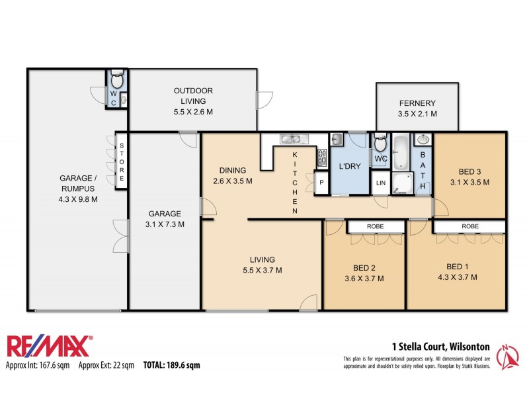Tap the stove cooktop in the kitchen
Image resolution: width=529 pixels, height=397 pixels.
coord(323,157)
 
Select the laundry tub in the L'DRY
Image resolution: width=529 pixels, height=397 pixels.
coord(336,139)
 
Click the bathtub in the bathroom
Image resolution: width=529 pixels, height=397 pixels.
coord(401,153)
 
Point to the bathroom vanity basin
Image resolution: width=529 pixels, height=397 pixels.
coord(423,140)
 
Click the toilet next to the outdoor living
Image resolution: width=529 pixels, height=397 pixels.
coord(116,81)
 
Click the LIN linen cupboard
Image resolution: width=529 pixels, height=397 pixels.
coord(381,183)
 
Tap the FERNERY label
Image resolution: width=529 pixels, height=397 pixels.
coord(417,103)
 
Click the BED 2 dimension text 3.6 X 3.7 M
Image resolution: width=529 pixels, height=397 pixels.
coord(364,279)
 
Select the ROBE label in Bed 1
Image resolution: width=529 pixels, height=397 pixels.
coord(470,226)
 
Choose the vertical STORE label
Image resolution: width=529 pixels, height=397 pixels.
coord(122,161)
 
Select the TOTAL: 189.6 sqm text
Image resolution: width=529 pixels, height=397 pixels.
coord(171,365)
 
